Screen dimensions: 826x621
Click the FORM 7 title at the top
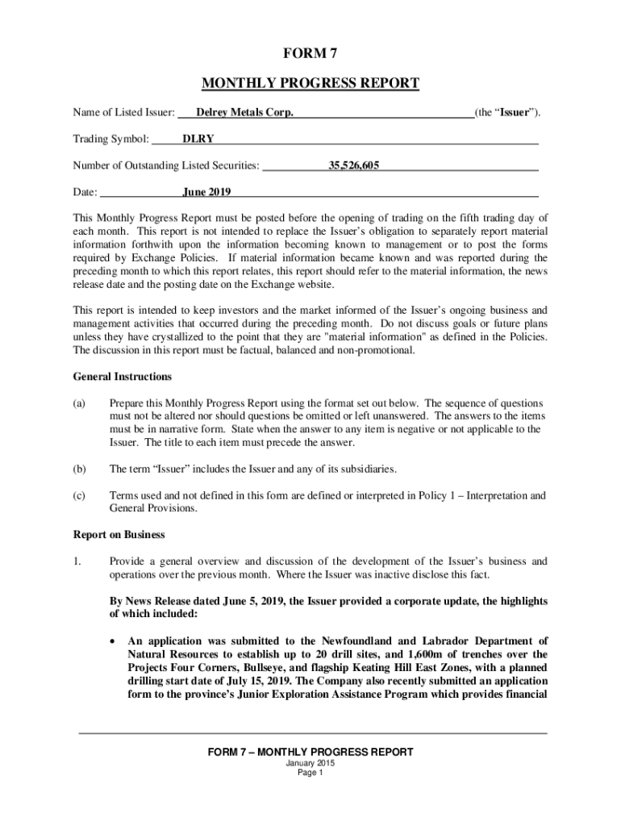310,54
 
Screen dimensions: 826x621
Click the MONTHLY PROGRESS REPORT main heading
310,83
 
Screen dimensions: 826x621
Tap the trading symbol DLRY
198,139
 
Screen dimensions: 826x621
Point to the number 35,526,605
353,166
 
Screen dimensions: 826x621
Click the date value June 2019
207,192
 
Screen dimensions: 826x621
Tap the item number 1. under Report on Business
77,561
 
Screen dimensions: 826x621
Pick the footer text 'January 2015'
310,763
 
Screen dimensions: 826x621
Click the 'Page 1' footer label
310,773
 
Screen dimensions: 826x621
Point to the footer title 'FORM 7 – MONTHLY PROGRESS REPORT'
310,752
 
